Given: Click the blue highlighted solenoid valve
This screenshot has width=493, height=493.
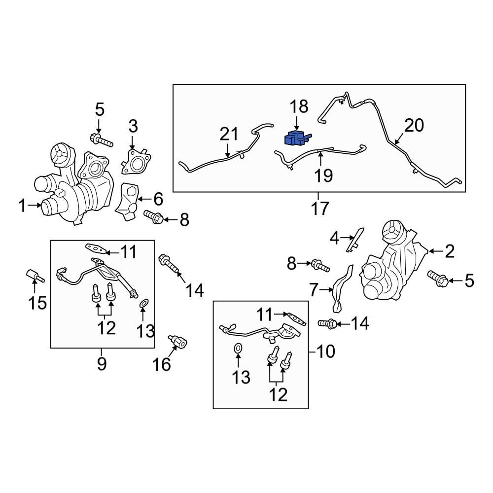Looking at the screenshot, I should tap(297, 138).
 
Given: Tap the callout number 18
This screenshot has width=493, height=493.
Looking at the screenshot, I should tap(299, 106).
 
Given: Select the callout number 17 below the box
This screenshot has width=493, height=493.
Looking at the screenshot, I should tap(319, 209).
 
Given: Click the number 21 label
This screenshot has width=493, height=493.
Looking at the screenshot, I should tap(229, 134).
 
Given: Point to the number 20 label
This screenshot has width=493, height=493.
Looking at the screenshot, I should tap(414, 126).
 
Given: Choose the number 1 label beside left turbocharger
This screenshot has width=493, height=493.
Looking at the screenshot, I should tap(22, 206).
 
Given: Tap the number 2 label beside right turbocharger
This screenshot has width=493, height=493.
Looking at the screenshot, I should tap(449, 252).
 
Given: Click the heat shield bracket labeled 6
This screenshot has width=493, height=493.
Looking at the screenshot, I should tap(129, 202).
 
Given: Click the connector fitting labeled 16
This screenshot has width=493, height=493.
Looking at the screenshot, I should tap(178, 341).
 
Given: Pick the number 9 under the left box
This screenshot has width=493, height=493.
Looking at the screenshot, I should tap(101, 364).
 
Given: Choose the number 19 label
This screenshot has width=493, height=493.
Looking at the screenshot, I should tap(324, 175).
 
